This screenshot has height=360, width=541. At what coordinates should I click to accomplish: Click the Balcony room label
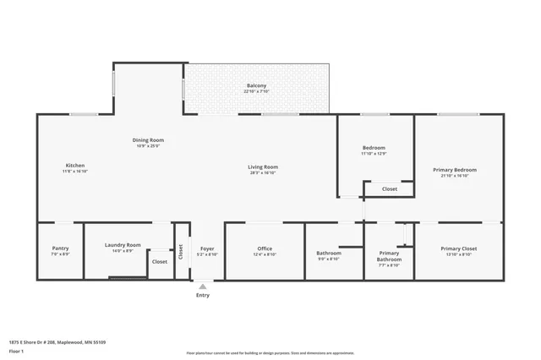pyautogui.click(x=257, y=85)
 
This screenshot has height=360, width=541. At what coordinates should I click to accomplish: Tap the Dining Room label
pyautogui.click(x=148, y=139)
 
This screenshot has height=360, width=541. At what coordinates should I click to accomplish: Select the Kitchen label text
pyautogui.click(x=75, y=165)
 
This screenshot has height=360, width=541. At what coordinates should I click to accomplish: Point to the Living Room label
pyautogui.click(x=263, y=166)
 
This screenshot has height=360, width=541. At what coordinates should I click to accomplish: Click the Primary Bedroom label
pyautogui.click(x=455, y=170)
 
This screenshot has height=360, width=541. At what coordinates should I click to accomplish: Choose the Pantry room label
pyautogui.click(x=60, y=248)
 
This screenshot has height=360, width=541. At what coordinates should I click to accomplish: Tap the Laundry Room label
pyautogui.click(x=123, y=245)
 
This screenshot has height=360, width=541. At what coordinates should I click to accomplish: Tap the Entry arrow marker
pyautogui.click(x=202, y=286)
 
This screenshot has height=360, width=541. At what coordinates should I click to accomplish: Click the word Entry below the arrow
pyautogui.click(x=203, y=295)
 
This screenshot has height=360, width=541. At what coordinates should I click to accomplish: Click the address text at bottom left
pyautogui.click(x=57, y=342)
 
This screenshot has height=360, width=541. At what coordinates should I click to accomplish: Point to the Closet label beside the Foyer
pyautogui.click(x=180, y=250)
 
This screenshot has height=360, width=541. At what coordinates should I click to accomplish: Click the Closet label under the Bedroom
pyautogui.click(x=390, y=188)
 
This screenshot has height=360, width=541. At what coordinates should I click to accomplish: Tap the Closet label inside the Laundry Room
pyautogui.click(x=160, y=262)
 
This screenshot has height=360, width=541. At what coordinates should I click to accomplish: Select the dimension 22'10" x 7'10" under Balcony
pyautogui.click(x=257, y=92)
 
